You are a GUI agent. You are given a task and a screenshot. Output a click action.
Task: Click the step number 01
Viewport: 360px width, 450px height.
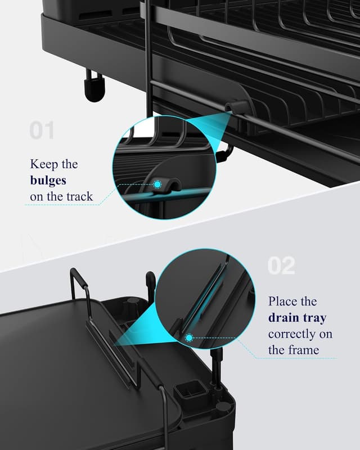point(42,130)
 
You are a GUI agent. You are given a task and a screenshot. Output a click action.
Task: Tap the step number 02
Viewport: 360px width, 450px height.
point(281,265)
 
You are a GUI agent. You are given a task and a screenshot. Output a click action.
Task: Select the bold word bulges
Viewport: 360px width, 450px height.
point(48,181)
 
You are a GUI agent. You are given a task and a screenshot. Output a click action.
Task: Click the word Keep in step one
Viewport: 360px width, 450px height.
point(43,164)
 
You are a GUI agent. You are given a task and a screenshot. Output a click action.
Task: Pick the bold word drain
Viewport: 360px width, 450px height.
point(285,318)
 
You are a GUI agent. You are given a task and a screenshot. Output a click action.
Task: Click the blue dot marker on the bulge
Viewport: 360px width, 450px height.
point(159,184)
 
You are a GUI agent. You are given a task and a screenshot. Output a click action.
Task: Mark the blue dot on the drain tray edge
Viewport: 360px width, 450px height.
point(190,337)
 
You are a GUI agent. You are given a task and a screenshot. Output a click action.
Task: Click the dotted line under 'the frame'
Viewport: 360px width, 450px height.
point(292,358)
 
